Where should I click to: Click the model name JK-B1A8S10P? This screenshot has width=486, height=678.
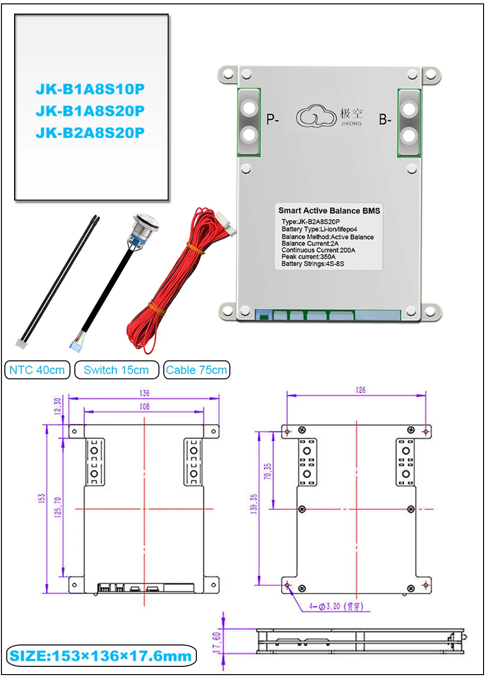click(x=90, y=89)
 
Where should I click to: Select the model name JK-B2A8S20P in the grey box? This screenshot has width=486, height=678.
click(x=90, y=133)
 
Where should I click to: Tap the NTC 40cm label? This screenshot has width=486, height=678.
click(x=37, y=370)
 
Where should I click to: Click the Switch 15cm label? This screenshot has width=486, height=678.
click(x=116, y=370)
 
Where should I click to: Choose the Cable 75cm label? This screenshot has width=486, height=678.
click(x=196, y=370)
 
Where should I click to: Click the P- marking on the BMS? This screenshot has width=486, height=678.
click(x=273, y=119)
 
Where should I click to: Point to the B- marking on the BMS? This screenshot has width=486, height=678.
click(x=385, y=119)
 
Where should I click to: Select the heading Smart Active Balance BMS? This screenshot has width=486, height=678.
click(x=329, y=210)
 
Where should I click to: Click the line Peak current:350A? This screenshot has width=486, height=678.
click(x=308, y=256)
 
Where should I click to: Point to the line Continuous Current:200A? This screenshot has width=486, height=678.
click(x=318, y=250)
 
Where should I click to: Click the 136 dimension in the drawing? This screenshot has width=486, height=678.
click(x=144, y=393)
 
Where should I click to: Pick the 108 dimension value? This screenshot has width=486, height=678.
click(x=144, y=407)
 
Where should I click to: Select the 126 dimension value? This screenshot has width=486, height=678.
click(x=360, y=390)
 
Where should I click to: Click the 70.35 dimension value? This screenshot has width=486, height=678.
click(x=268, y=472)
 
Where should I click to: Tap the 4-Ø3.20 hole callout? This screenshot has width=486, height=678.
click(x=335, y=606)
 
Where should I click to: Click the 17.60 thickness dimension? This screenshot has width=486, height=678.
click(x=217, y=642)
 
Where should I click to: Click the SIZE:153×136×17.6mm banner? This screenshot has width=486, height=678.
click(x=101, y=656)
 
